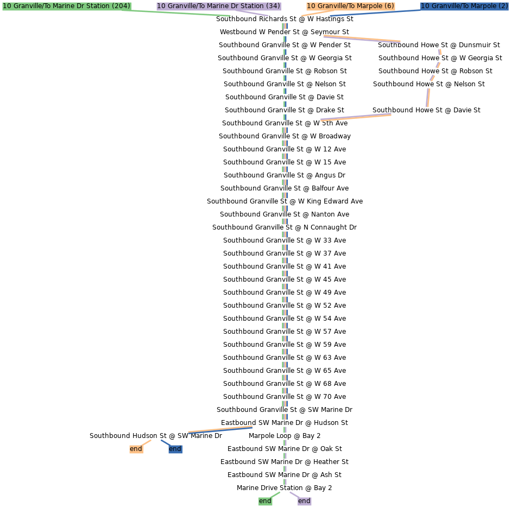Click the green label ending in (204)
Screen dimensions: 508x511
click(67, 6)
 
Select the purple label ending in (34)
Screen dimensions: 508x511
click(218, 6)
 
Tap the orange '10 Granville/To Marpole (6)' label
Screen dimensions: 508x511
click(350, 6)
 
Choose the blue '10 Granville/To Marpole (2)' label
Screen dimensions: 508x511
click(464, 6)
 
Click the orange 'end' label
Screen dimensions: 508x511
click(136, 449)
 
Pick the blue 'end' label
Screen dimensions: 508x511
click(175, 449)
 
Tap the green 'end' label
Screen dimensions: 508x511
click(265, 501)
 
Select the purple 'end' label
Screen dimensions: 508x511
click(304, 501)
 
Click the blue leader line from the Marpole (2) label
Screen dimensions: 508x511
click(375, 12)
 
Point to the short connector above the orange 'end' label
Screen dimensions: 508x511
click(146, 442)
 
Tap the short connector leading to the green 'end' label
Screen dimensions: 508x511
click(275, 494)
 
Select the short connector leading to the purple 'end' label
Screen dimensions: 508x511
click(294, 494)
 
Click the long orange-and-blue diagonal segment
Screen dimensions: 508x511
click(220, 429)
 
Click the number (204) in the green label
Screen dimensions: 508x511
click(121, 6)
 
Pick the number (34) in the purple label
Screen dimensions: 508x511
click(273, 6)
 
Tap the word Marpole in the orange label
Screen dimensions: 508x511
click(369, 6)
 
